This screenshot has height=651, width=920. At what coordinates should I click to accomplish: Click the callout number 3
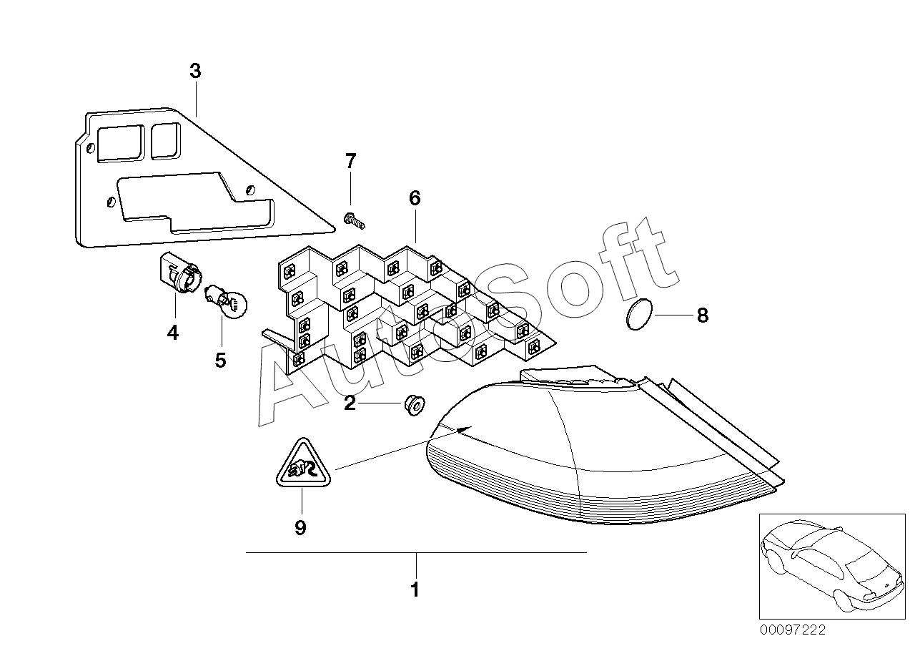click(x=195, y=72)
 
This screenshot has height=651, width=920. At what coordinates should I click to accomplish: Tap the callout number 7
click(x=350, y=162)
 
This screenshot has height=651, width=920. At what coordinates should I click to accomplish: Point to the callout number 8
click(x=702, y=315)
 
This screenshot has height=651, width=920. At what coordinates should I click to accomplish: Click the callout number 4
click(x=173, y=333)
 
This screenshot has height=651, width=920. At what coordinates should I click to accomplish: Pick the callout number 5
click(x=220, y=360)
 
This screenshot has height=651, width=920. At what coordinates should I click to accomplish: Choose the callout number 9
click(x=300, y=528)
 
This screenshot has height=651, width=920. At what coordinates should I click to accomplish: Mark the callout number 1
click(x=415, y=590)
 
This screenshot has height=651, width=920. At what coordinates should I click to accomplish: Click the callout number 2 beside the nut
click(x=350, y=403)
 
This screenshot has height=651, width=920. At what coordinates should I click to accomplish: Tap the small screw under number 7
click(x=355, y=220)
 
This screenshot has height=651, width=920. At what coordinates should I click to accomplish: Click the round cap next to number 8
click(x=639, y=315)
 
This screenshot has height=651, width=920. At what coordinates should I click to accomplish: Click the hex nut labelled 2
click(x=413, y=404)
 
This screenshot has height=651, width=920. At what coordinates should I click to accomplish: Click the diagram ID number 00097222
click(x=791, y=630)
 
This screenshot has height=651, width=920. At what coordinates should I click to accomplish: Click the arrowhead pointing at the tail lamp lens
click(x=465, y=429)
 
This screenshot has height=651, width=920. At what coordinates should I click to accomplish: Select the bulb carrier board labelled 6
click(x=407, y=308)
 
